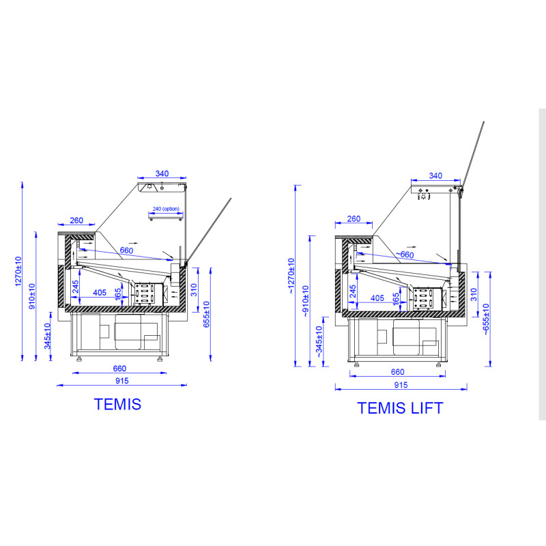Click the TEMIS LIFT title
click(400, 408)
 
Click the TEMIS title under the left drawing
click(117, 404)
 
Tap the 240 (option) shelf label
click(166, 209)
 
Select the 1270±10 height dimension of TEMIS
click(18, 272)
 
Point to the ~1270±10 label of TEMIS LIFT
click(291, 276)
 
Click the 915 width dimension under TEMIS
click(122, 381)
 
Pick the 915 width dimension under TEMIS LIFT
click(401, 385)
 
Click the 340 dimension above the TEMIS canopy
click(162, 173)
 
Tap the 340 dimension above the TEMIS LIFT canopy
click(435, 175)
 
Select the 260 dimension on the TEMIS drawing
click(76, 220)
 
